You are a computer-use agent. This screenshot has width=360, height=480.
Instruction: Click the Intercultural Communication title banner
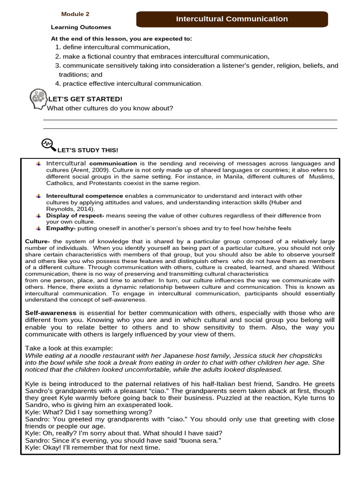pos(232,19)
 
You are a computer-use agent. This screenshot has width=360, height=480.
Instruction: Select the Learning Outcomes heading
pos(81,27)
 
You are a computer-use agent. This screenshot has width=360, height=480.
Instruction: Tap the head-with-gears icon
pos(38,98)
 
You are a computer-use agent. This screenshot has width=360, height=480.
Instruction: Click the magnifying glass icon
pos(48,144)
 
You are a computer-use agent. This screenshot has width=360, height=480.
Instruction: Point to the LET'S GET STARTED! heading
pos(85,99)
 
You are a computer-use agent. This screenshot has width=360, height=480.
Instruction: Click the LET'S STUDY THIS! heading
pos(88,150)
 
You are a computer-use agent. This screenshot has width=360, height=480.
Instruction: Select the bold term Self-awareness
pos(51,313)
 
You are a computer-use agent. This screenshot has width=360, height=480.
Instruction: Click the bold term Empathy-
pos(61,228)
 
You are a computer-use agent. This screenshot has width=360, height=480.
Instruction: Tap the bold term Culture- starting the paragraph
pos(37,241)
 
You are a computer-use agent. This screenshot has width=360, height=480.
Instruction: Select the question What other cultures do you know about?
pos(110,108)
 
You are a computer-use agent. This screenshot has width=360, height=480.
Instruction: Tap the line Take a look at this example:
pos(69,348)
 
